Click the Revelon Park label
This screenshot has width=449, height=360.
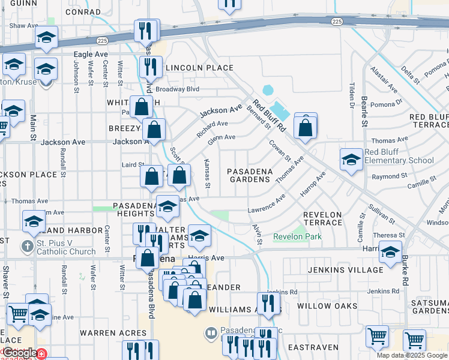(297, 237)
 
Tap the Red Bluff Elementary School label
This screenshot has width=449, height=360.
(399, 156)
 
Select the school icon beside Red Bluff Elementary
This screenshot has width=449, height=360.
(351, 160)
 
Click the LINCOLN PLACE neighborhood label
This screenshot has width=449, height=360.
(199, 68)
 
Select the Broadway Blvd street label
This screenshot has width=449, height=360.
(177, 89)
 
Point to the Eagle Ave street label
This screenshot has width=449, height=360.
(90, 55)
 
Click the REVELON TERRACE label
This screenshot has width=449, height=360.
(322, 218)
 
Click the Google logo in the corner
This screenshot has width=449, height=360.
(19, 353)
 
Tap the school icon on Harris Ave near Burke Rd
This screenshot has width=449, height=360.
(391, 253)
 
